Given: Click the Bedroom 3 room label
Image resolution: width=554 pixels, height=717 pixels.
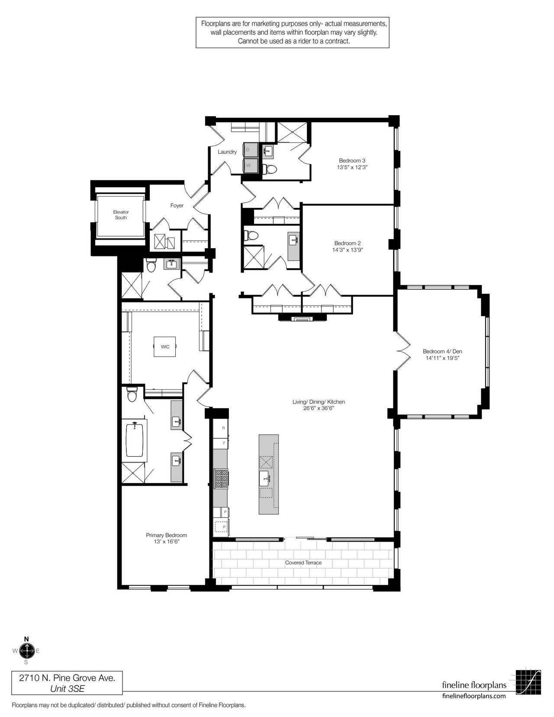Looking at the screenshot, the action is [352, 161].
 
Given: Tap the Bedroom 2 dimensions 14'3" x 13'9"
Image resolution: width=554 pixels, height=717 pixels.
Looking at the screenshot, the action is [348, 250].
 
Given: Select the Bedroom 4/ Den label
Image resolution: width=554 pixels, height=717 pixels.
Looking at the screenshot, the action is [442, 351].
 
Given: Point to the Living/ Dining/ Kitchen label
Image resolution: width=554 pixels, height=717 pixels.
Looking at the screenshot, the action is [319, 402].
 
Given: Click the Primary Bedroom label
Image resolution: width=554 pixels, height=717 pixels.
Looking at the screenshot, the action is [167, 535].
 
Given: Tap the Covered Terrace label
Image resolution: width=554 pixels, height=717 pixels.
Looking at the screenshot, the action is [303, 563].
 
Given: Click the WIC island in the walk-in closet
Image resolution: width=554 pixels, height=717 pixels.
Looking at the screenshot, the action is [165, 347].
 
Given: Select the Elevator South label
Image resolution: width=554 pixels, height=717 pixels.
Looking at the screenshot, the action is [121, 215].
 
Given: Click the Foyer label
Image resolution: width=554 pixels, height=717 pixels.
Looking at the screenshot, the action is [177, 205].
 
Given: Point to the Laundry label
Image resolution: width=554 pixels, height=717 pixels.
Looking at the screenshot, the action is [227, 152].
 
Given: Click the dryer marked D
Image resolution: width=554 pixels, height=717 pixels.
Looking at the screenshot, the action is [250, 149].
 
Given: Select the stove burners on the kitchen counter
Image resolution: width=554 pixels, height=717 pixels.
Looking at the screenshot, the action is [221, 478].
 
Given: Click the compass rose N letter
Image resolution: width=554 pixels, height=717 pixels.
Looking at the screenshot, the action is [27, 639].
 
